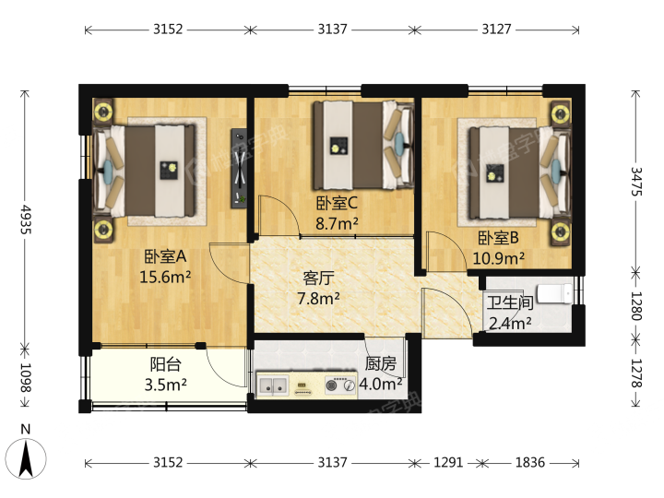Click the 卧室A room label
pos(165,256)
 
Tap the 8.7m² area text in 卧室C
pos(337,223)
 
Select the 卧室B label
pos(498,238)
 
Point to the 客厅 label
pos(318,279)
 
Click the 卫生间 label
pos(509,302)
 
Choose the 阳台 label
pos(166,364)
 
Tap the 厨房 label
pos(381,363)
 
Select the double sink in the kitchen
pos(273,385)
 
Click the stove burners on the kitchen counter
pos(340,385)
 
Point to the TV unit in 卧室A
pos(239,169)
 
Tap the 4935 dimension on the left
pos(26,219)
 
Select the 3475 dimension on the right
pos(636,182)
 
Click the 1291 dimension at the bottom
pos(448,462)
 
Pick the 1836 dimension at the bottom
pos(529,462)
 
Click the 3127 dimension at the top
pos(496,30)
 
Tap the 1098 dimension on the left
pos(26,377)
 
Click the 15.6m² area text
pos(165,277)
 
